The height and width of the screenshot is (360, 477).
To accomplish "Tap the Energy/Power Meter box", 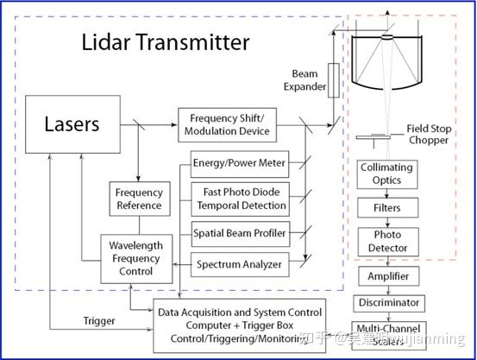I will point(238,162).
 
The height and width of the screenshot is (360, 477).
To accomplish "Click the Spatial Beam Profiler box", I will point(238,233).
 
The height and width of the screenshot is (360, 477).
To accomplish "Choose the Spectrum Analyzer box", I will point(238,263).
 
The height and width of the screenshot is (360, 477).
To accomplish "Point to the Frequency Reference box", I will point(139,199).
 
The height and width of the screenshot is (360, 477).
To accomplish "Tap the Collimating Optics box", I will point(387,174).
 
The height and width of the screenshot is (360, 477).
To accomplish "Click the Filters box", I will point(387,208).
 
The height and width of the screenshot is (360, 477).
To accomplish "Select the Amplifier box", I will point(387,277).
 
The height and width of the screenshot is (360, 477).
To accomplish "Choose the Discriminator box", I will point(387,303).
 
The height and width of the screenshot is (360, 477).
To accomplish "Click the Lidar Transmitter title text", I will point(165,41).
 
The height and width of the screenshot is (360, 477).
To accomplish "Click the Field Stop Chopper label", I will point(429,135).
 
